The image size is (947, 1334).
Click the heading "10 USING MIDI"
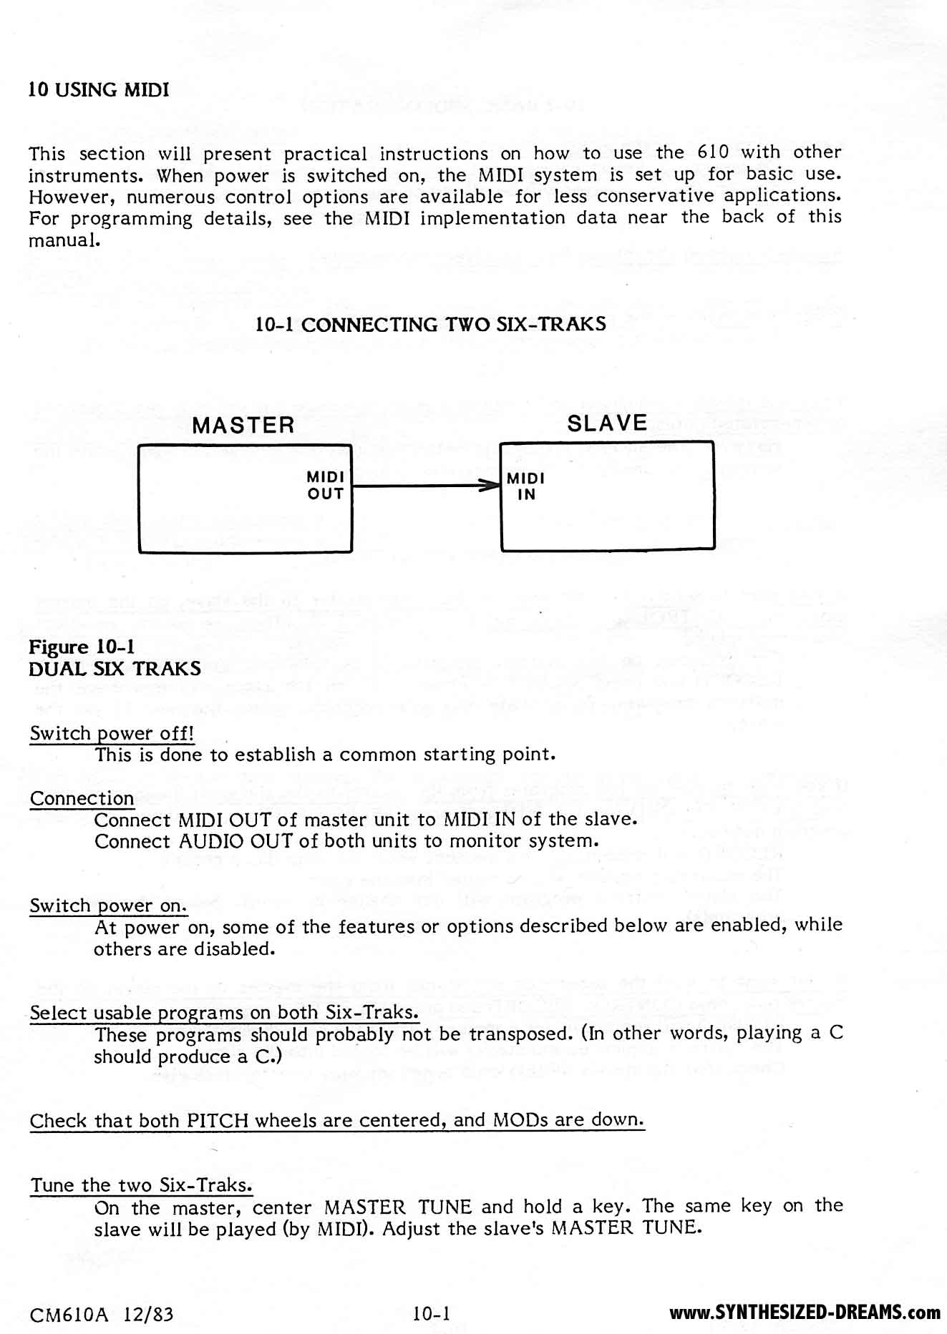[99, 90]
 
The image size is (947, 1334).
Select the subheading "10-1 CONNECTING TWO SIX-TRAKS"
[430, 325]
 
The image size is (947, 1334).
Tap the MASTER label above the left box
[243, 426]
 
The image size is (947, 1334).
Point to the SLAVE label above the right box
[607, 423]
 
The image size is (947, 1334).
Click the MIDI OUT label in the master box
[326, 485]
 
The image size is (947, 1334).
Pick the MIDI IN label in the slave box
[526, 486]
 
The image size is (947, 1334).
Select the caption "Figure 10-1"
[82, 647]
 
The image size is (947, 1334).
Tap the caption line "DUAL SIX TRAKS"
[115, 669]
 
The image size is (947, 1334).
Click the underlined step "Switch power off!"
[112, 733]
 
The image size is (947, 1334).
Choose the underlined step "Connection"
[82, 798]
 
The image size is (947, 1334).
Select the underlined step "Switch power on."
[108, 906]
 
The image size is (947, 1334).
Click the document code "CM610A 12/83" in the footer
[101, 1314]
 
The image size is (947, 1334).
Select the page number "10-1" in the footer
[430, 1313]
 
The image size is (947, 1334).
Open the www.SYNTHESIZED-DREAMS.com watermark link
[805, 1313]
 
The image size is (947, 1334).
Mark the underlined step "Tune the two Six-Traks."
[141, 1185]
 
